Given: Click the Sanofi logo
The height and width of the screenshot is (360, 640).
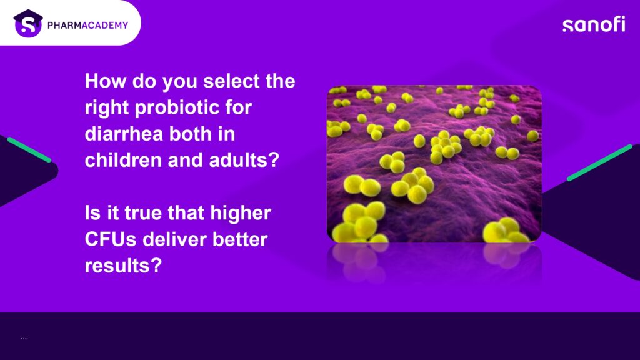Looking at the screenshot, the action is click(594, 24).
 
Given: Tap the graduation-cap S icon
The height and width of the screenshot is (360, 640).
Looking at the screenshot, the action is click(28, 23).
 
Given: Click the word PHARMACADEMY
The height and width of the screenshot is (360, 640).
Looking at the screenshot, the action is click(87, 25).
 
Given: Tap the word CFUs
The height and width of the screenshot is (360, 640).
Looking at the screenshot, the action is click(111, 239).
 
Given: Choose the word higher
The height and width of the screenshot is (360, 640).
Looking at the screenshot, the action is click(241, 214).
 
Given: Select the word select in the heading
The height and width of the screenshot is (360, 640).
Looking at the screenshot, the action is click(231, 81).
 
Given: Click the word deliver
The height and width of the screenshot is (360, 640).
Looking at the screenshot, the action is click(174, 239).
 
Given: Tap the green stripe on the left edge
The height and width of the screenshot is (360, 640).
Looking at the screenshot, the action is click(29, 150).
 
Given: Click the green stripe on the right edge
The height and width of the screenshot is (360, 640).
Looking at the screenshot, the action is click(599, 162).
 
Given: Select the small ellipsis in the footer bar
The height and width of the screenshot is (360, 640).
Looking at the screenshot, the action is click(24, 338).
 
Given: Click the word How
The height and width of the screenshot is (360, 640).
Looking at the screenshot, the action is click(106, 81).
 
